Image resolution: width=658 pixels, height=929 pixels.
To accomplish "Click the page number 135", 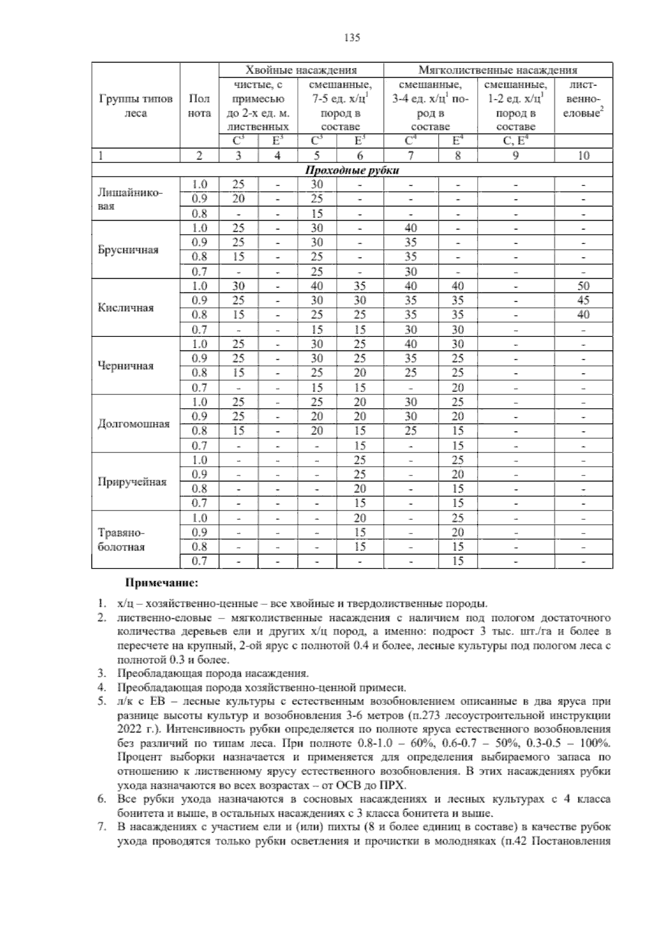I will click(x=351, y=38).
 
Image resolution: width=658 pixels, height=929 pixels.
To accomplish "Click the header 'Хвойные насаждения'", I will click(x=301, y=70).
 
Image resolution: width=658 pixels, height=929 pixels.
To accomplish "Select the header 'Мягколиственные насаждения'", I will click(x=497, y=70).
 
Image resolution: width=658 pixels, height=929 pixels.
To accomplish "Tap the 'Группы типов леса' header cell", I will click(x=135, y=106).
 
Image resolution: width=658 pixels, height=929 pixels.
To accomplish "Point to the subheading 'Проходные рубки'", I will click(x=351, y=170).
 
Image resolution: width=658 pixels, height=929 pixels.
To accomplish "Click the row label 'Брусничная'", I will click(x=128, y=250).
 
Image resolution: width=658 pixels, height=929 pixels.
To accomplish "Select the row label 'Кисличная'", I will click(x=125, y=308).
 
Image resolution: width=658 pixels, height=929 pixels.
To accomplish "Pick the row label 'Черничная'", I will click(x=126, y=366).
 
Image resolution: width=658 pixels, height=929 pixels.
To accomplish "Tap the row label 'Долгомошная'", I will click(x=133, y=424).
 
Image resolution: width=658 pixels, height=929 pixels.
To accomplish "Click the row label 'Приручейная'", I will click(x=132, y=482).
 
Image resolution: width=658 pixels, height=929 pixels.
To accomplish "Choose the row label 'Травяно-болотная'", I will click(x=121, y=540).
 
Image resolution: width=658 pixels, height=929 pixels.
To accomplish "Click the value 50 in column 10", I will click(x=583, y=286).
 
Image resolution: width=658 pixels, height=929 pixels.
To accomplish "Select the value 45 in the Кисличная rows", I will click(x=583, y=300).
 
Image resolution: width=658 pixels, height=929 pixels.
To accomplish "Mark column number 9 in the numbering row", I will click(x=515, y=156).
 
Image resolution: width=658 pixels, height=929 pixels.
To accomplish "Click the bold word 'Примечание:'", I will click(x=162, y=582).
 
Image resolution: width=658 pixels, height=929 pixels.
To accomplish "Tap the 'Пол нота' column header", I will click(x=199, y=106).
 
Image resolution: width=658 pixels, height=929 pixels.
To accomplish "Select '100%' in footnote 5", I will click(x=594, y=743).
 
